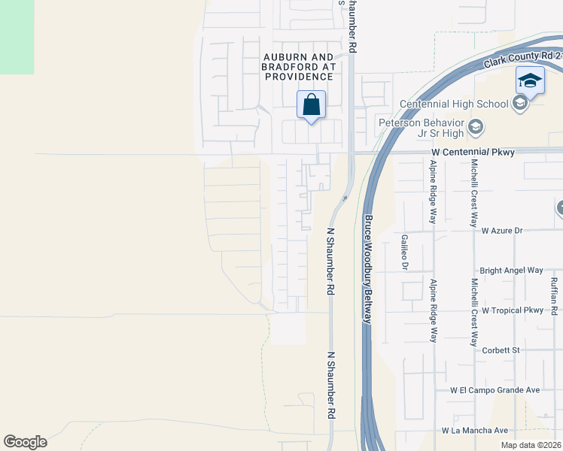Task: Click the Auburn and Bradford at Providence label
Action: click(297, 67)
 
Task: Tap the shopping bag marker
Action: click(311, 105)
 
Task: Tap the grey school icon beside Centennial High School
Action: click(519, 104)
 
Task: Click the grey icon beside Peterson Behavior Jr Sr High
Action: click(475, 127)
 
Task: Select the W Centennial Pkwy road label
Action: click(473, 152)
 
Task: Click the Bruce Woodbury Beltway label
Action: click(369, 269)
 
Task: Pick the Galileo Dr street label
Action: click(404, 251)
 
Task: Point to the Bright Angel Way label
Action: click(512, 270)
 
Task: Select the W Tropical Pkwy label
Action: click(513, 310)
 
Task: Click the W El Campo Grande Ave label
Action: click(495, 390)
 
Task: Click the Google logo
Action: click(25, 441)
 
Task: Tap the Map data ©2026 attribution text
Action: click(531, 445)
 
